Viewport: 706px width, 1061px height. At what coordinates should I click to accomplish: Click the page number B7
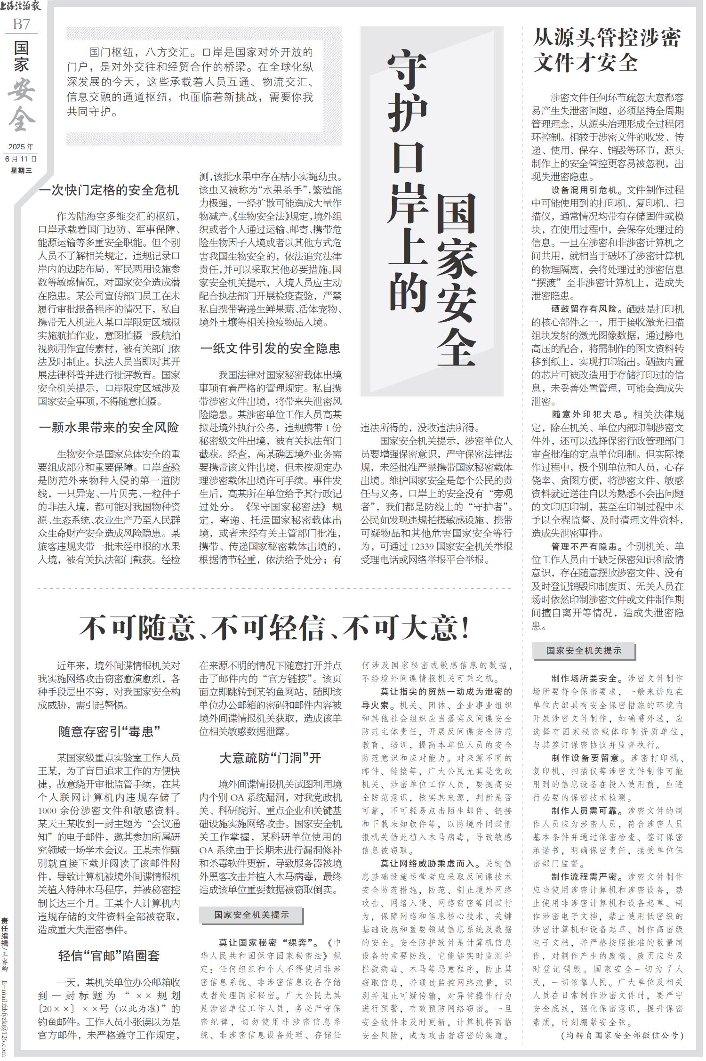(21, 24)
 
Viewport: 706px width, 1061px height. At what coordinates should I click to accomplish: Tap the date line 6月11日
(21, 159)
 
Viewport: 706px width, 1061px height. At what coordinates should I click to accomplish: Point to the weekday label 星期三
(21, 170)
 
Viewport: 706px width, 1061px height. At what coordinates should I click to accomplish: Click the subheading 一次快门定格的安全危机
(109, 190)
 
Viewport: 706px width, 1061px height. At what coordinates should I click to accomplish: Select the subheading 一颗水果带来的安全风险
(109, 428)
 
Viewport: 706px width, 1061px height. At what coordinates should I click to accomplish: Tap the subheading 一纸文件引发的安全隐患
(270, 348)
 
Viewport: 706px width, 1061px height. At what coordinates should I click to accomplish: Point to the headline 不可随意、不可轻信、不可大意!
(275, 629)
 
